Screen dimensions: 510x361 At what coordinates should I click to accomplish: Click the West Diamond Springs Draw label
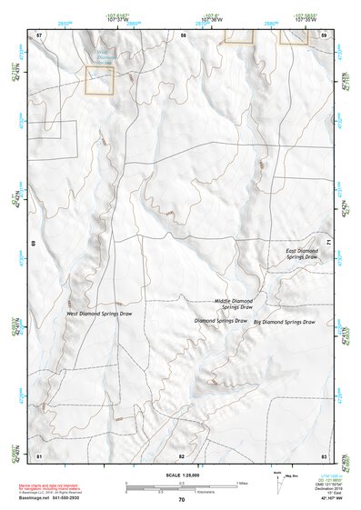coord(97,314)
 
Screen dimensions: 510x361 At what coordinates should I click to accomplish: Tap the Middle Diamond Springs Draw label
coord(234,304)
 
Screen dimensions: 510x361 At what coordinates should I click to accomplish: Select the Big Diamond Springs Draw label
coord(284,322)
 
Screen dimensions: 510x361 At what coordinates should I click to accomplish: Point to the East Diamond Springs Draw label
coord(302,254)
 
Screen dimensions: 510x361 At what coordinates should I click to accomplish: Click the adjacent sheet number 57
coord(39,35)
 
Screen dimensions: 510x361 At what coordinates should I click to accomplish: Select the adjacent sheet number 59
coord(324,35)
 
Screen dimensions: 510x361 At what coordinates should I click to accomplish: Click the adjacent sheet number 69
coord(33,244)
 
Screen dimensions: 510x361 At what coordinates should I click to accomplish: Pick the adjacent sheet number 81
coord(39,455)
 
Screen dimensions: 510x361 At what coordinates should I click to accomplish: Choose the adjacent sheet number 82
coord(181,455)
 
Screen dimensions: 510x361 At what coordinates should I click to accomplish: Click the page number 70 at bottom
coord(181,499)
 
